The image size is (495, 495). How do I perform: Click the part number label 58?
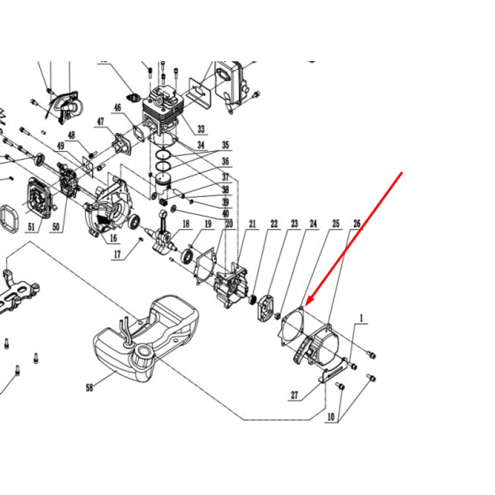89,387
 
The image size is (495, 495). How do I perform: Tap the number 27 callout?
295,395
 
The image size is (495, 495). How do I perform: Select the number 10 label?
330,416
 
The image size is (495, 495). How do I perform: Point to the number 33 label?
201,129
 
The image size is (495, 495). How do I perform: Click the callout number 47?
100,121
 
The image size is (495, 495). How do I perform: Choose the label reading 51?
32,226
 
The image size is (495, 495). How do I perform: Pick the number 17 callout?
117,254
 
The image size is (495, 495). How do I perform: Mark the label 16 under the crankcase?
113,238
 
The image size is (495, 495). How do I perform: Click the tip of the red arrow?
306,304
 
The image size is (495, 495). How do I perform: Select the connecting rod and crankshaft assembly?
163,232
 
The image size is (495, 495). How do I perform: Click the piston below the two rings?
163,187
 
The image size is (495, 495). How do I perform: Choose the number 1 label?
361,318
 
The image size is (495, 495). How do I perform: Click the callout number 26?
357,224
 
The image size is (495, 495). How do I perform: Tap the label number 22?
273,224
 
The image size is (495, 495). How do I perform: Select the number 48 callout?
72,135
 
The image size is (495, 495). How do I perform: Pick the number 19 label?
208,224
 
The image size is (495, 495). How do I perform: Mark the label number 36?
225,161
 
